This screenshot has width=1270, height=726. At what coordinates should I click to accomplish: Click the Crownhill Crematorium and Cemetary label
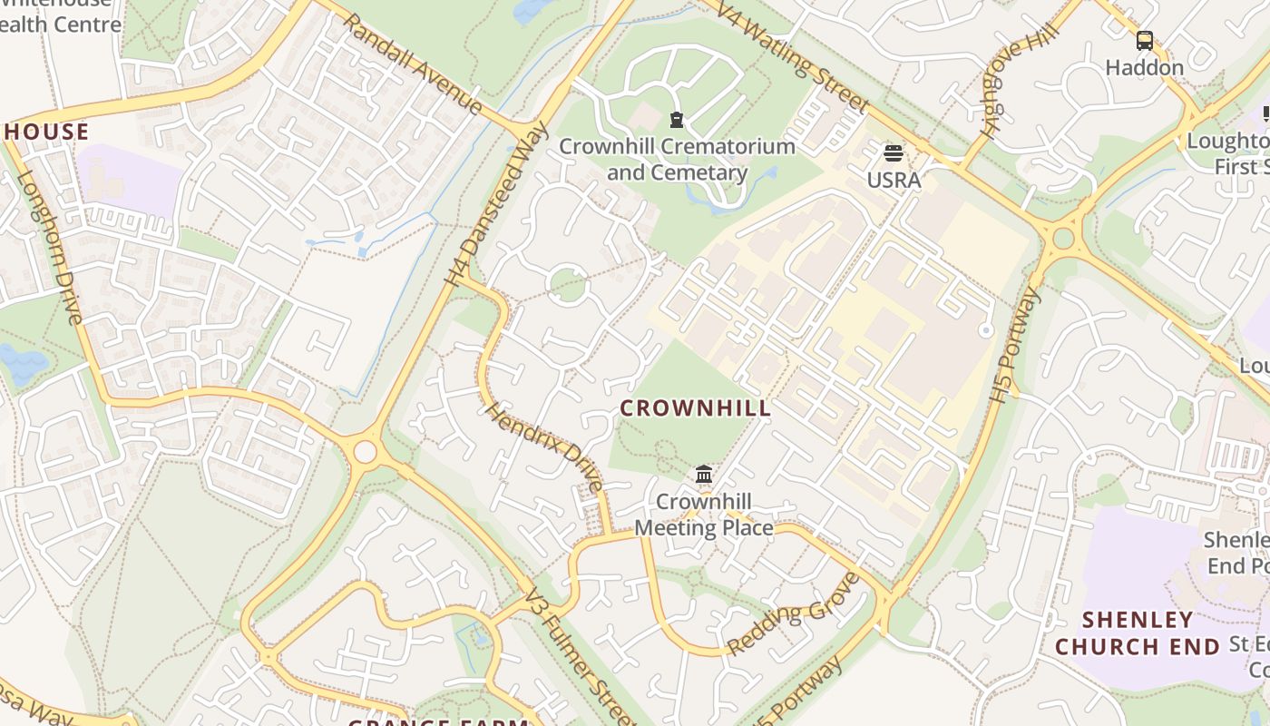pos(677,159)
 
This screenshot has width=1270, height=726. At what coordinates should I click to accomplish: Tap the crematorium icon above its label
pos(676,119)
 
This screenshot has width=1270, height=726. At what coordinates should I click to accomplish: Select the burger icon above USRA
pos(894,152)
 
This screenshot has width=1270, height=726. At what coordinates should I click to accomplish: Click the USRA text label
pos(894,180)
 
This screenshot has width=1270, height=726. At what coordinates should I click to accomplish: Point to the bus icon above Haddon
pos(1145,40)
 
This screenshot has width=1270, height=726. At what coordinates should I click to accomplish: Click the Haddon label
pos(1145,68)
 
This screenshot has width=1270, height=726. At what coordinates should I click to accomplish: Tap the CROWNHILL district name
pos(696,408)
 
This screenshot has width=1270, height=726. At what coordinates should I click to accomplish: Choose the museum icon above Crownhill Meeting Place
pos(703,474)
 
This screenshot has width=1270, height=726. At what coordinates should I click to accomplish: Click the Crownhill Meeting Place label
pos(704,515)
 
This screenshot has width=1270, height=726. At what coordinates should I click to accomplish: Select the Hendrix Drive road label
pos(545,446)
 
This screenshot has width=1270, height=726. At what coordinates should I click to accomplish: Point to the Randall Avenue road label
pos(414,65)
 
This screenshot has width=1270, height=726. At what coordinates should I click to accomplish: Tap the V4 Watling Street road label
pos(792,56)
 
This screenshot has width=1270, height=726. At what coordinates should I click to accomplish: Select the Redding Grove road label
pos(793,613)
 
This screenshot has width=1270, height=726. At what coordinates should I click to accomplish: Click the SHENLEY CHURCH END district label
pos(1138,633)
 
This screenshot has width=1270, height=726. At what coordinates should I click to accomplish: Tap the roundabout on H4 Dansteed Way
pos(365,451)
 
